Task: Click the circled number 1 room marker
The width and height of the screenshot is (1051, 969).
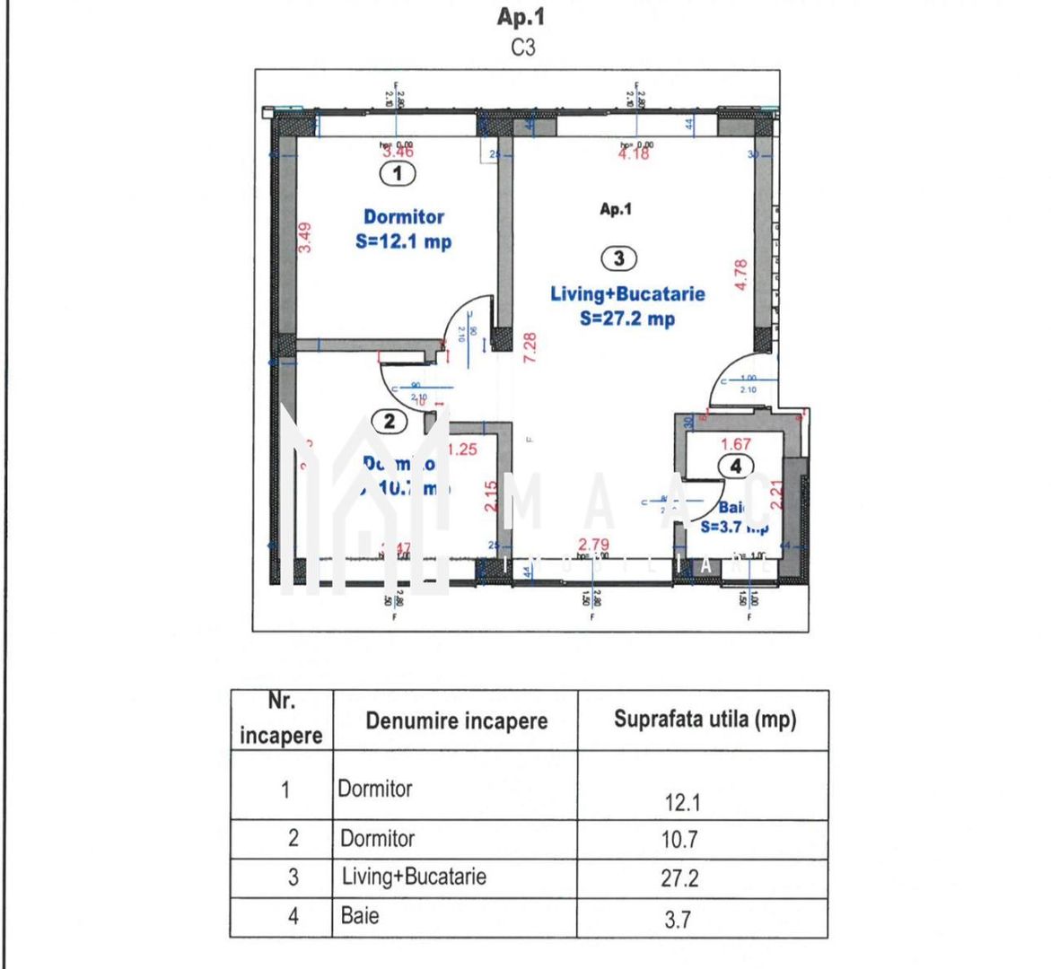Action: tap(398, 173)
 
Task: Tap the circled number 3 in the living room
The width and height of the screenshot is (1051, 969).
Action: tap(618, 258)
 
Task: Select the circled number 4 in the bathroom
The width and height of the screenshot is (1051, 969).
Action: tap(736, 466)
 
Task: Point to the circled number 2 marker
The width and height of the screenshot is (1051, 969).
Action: tap(390, 421)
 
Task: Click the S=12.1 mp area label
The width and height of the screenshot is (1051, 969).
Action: tap(403, 241)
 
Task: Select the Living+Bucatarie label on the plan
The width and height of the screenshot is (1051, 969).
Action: tap(627, 293)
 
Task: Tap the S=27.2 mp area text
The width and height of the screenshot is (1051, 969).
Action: tap(627, 319)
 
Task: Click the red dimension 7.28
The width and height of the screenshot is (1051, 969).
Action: tap(530, 347)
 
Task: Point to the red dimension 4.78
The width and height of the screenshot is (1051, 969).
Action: tap(740, 275)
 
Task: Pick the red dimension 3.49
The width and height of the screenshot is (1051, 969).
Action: tap(305, 237)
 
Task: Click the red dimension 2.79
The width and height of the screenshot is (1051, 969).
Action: tap(593, 544)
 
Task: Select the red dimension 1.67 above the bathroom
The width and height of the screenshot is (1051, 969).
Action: tap(736, 444)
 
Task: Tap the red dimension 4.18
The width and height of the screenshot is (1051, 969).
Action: tap(634, 154)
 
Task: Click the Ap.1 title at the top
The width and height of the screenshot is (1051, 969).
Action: tap(521, 17)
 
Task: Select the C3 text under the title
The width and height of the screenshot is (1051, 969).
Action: tap(522, 48)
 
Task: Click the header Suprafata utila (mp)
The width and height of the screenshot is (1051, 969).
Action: tap(705, 720)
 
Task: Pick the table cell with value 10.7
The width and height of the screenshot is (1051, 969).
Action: tap(679, 840)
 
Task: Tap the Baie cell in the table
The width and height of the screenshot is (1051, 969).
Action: tap(360, 916)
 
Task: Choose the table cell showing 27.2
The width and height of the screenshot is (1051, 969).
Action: tap(679, 878)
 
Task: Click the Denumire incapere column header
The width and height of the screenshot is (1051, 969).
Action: tap(456, 720)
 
